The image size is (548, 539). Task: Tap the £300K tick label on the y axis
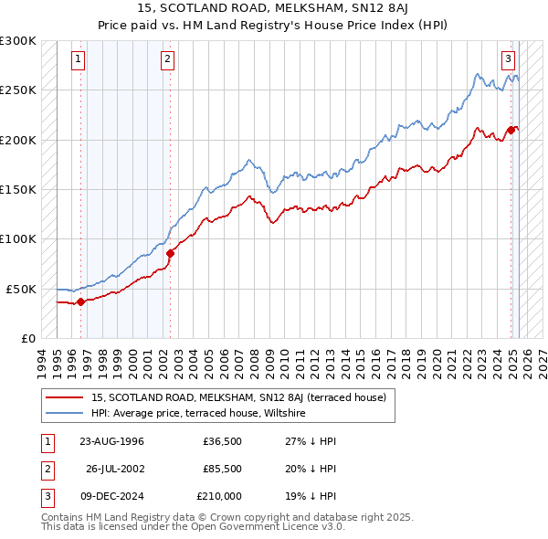[18, 41]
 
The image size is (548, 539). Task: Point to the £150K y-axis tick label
[18, 189]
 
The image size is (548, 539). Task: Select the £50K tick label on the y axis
[22, 289]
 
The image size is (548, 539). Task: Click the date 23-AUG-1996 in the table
[111, 441]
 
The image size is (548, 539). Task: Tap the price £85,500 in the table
[221, 469]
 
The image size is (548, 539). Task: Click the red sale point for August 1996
[80, 301]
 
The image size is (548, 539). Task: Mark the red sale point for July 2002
[170, 253]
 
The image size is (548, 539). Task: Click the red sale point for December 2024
[510, 130]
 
